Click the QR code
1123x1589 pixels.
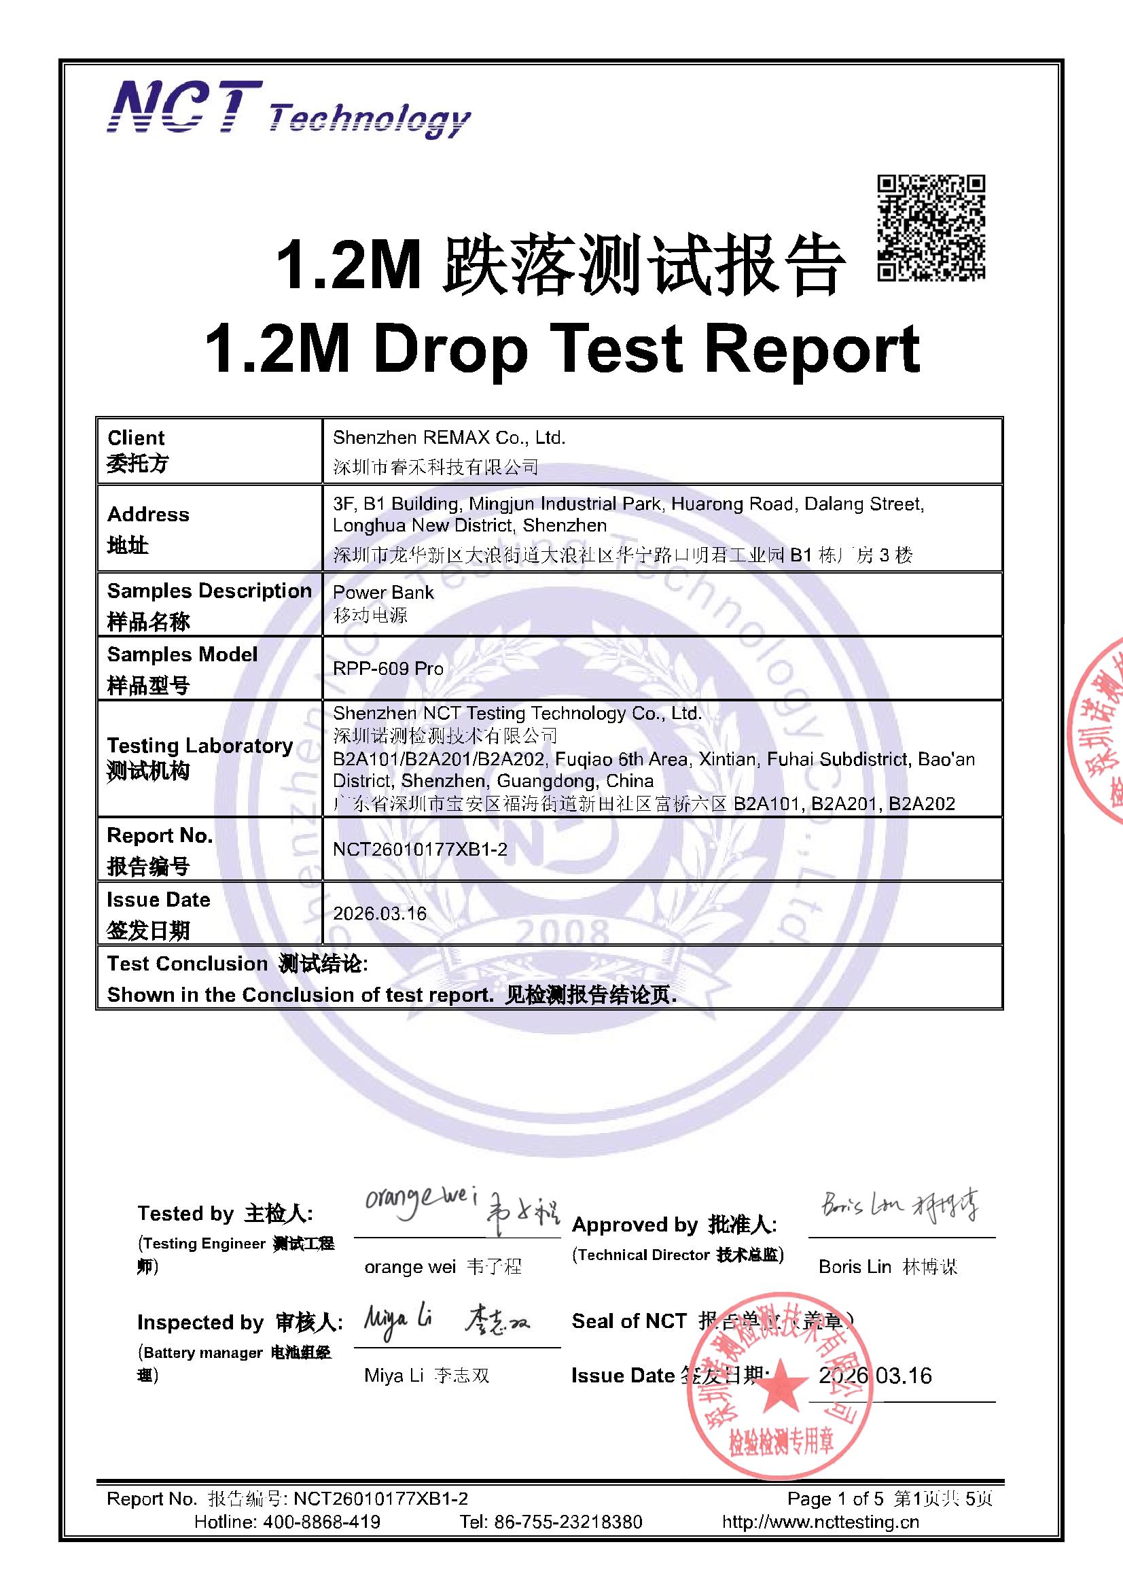click(x=931, y=228)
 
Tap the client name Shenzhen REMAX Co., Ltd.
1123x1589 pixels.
click(x=449, y=438)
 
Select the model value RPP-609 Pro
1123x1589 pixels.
click(x=388, y=669)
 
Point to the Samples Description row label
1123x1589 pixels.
click(x=209, y=591)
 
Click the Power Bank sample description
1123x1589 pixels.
click(x=383, y=593)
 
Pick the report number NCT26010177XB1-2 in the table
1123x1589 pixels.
click(x=420, y=849)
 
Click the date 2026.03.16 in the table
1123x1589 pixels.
click(x=380, y=913)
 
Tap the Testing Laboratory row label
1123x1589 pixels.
click(x=199, y=746)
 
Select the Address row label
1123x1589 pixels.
click(x=148, y=514)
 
